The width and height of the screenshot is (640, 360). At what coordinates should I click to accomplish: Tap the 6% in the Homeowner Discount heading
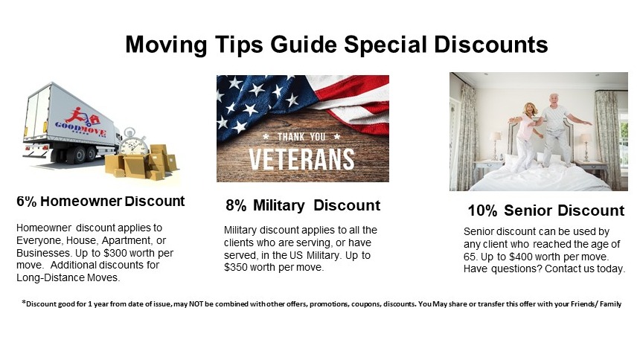[27, 202]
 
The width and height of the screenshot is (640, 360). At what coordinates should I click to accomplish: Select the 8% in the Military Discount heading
[236, 205]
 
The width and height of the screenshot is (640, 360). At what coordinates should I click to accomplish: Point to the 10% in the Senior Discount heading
[482, 210]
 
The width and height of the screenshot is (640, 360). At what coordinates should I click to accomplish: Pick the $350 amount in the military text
[235, 267]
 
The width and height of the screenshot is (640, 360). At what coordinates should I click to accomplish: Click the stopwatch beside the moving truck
[133, 143]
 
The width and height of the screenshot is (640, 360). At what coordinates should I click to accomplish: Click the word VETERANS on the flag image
[301, 160]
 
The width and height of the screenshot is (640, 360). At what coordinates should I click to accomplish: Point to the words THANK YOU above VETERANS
[301, 137]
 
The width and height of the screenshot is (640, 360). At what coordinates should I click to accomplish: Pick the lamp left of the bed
[496, 145]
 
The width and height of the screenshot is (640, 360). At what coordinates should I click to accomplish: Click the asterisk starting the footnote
[24, 303]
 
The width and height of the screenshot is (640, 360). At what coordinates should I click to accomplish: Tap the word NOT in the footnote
[195, 304]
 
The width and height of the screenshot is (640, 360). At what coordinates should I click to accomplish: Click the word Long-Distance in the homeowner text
[51, 278]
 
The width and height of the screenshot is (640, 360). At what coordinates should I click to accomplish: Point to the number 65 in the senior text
[470, 257]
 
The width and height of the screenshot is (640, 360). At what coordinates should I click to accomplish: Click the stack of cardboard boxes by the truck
[143, 162]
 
